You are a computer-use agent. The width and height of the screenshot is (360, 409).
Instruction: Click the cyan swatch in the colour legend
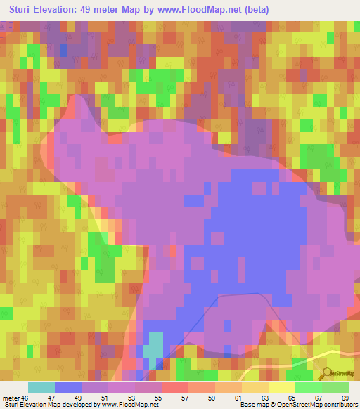41,387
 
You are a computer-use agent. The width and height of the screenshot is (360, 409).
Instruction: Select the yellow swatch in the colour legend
282,387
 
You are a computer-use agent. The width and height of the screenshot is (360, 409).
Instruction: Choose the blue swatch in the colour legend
68,387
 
